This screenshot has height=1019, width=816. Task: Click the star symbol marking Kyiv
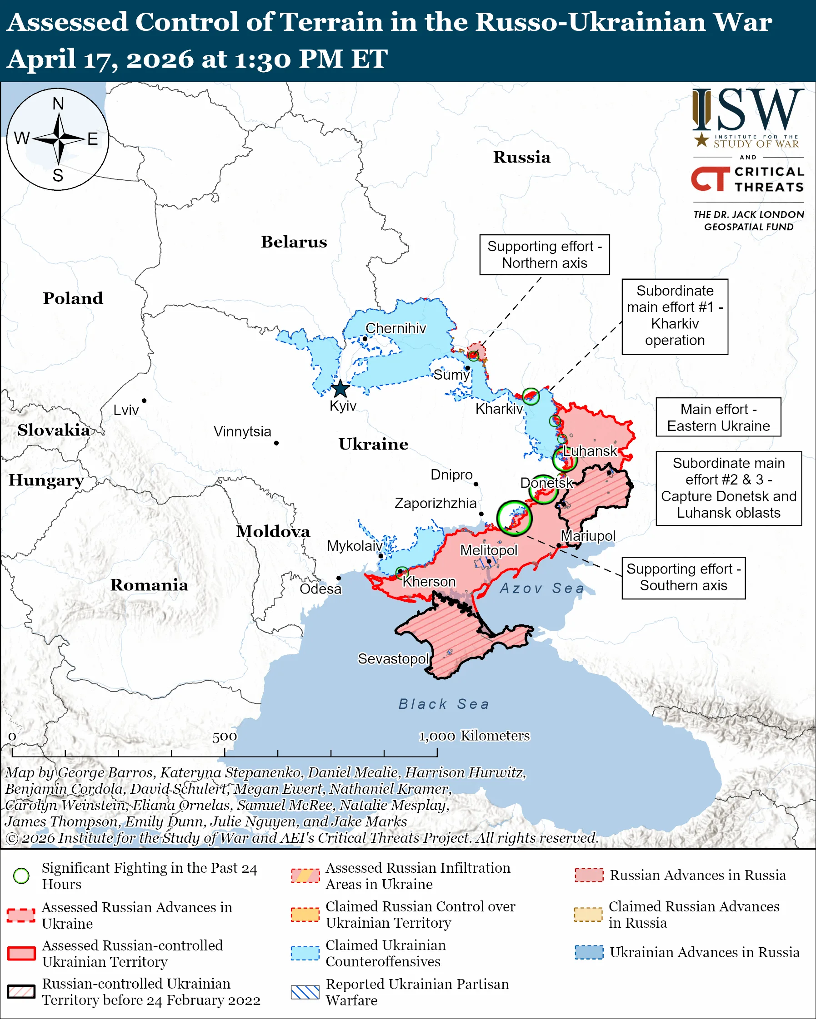(x=340, y=389)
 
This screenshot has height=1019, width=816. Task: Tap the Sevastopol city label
(x=393, y=658)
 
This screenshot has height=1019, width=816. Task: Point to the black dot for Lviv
(x=144, y=401)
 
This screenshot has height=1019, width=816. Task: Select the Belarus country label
(x=294, y=242)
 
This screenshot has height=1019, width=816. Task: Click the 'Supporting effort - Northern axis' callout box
(x=545, y=255)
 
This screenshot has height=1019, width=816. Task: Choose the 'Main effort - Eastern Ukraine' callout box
(x=718, y=417)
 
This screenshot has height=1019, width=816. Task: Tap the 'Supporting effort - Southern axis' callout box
(x=684, y=577)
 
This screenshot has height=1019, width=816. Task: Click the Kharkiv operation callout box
(x=675, y=316)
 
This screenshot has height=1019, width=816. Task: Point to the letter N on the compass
(x=58, y=104)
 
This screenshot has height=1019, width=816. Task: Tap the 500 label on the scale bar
(x=224, y=737)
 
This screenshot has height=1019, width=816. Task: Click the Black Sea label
(x=444, y=704)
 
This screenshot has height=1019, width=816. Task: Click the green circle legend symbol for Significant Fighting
(x=21, y=876)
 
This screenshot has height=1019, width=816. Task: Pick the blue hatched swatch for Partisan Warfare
(x=305, y=992)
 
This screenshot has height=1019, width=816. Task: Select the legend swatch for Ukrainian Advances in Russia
(x=589, y=952)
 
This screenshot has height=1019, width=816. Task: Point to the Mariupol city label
(x=588, y=536)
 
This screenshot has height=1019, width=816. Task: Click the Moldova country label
(x=273, y=532)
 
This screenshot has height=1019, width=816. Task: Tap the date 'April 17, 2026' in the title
(x=100, y=59)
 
